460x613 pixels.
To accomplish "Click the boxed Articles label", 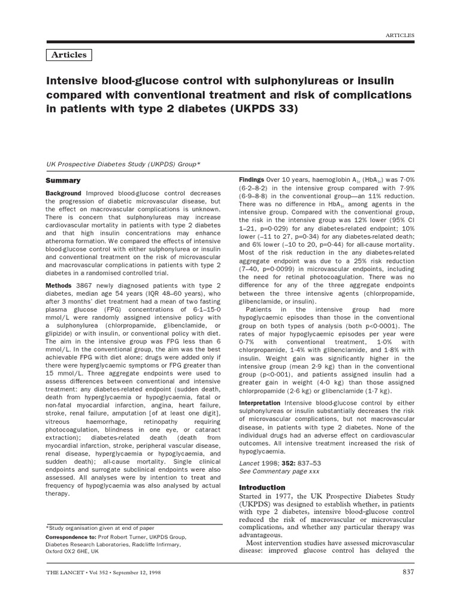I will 69,55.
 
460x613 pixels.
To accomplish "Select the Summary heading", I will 63,180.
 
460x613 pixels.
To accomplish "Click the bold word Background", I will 65,193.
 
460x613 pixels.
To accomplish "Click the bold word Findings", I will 252,180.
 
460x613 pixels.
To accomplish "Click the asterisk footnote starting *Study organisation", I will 100,528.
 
